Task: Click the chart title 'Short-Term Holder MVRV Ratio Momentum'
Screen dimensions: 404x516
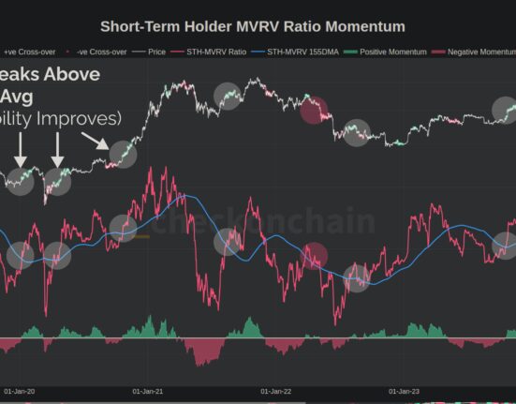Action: (253, 26)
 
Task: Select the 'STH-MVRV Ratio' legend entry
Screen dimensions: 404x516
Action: (217, 53)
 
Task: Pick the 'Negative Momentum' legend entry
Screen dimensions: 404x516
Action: (478, 53)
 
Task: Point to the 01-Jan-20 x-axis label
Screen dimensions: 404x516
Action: (21, 391)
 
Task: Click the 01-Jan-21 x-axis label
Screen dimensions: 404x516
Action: (149, 391)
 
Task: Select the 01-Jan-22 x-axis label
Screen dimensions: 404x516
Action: (277, 391)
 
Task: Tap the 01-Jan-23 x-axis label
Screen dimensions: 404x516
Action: (405, 391)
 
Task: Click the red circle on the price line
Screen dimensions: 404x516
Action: (314, 109)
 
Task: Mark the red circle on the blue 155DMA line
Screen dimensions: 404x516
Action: (314, 256)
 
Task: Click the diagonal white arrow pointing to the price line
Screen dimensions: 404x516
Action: (96, 142)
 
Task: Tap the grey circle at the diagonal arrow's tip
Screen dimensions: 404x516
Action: (123, 152)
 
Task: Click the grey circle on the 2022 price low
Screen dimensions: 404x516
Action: (356, 133)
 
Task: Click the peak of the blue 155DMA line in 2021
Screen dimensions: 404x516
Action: (185, 196)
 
